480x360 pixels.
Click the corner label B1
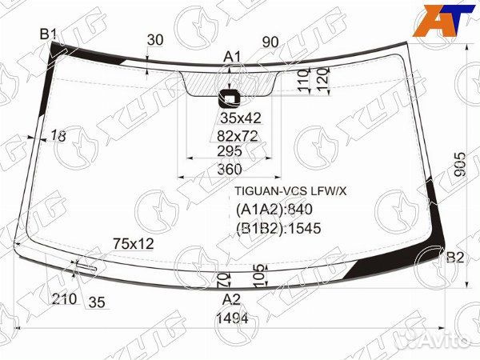48,34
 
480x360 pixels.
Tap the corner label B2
455,258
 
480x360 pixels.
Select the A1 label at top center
232,57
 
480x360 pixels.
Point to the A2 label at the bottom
232,299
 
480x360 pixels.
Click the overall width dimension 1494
232,318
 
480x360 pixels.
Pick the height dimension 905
460,164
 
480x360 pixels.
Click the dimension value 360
230,170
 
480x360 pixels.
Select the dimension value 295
230,151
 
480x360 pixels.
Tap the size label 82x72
238,136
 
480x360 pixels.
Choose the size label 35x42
241,118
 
